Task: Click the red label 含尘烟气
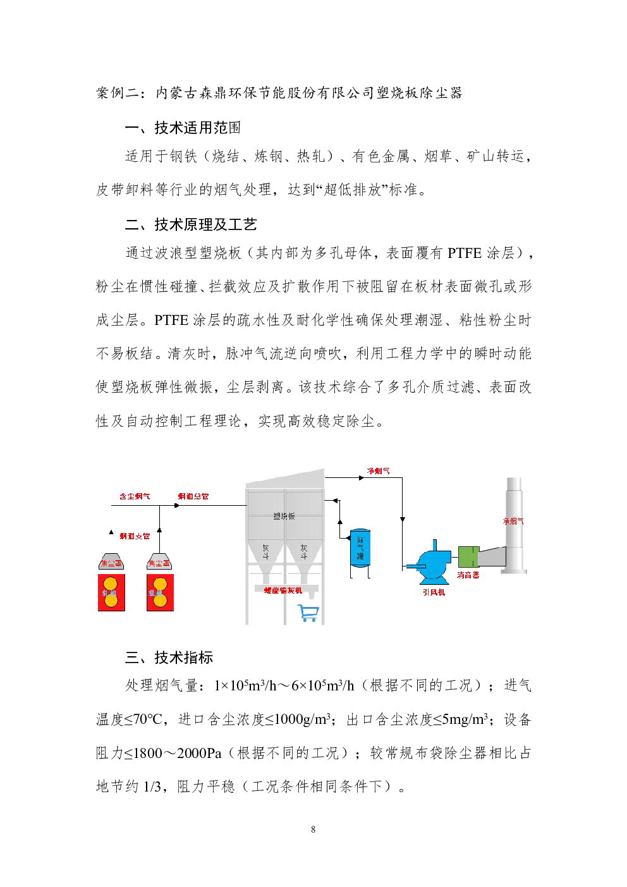click(x=135, y=496)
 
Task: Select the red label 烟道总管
click(x=193, y=496)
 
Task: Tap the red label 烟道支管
click(x=135, y=536)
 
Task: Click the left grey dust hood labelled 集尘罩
click(x=111, y=562)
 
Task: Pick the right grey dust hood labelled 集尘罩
click(x=159, y=562)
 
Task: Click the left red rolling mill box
click(x=111, y=592)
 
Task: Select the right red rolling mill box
click(x=161, y=592)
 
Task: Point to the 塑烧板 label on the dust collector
click(x=284, y=516)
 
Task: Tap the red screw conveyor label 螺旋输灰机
click(x=283, y=590)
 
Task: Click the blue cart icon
click(x=308, y=613)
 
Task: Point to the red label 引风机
click(x=434, y=592)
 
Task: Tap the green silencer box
click(x=468, y=557)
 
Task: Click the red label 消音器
click(x=468, y=575)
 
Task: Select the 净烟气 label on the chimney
click(x=513, y=521)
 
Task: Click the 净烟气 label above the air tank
click(x=378, y=471)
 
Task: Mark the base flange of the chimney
click(x=514, y=572)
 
